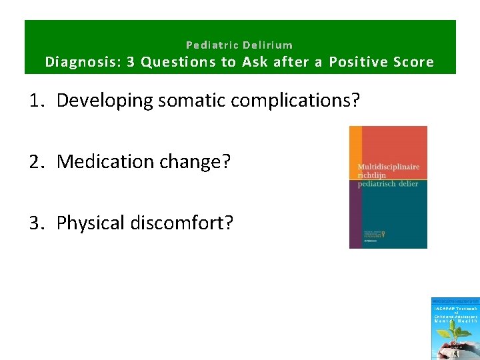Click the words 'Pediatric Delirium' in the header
[x=239, y=45]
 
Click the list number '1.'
[x=37, y=101]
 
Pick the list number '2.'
[x=37, y=162]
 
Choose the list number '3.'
[x=37, y=223]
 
